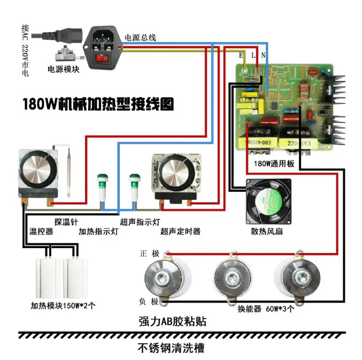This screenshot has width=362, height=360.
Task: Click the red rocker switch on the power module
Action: tap(104, 57)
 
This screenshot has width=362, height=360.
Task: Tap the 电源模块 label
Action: tap(64, 69)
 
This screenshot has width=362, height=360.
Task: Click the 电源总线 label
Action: tap(140, 38)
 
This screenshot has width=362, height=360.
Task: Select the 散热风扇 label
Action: tap(266, 232)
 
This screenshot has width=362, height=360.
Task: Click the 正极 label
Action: tap(149, 254)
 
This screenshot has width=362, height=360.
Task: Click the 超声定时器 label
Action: tap(181, 231)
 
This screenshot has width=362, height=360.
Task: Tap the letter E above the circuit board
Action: tap(241, 55)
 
